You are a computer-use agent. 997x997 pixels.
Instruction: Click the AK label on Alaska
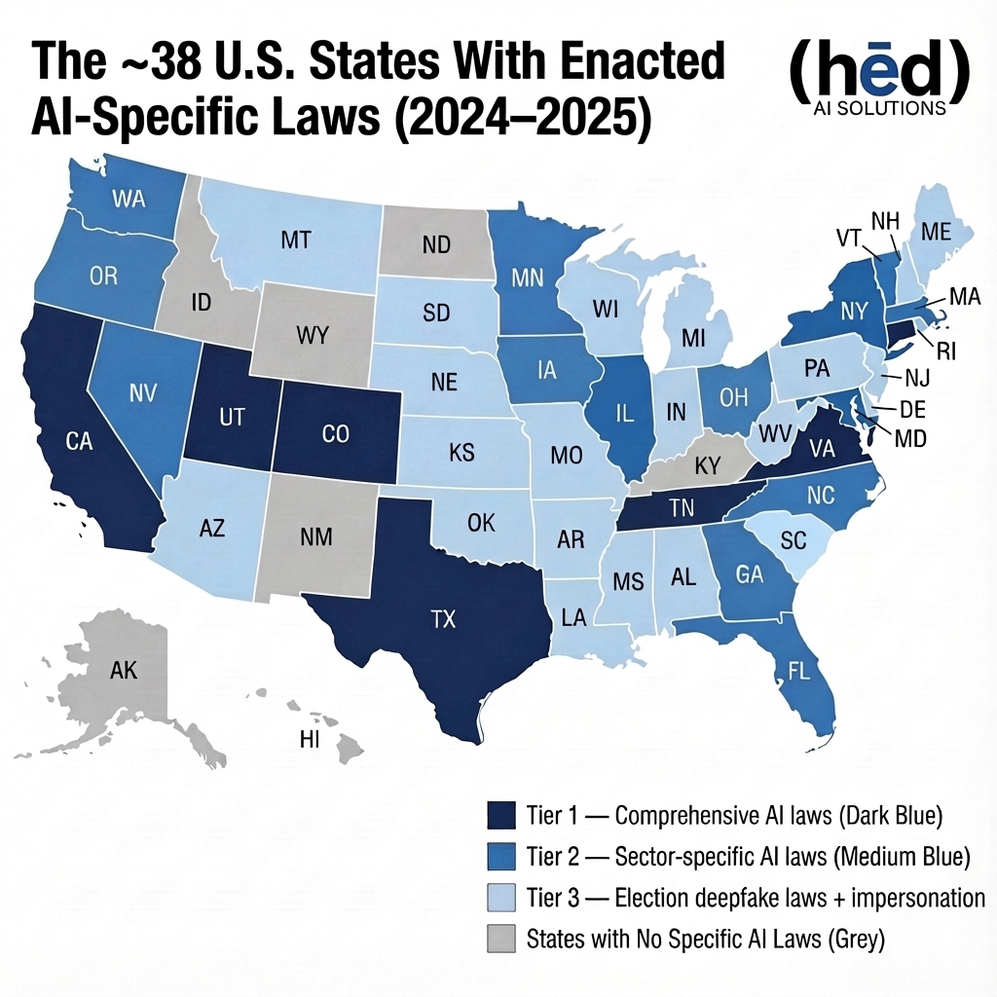[x=124, y=670]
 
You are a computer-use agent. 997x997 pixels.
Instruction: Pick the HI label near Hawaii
[x=310, y=741]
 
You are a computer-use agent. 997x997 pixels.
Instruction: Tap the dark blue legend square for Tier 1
[x=499, y=814]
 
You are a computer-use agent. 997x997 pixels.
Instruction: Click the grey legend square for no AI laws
[x=499, y=940]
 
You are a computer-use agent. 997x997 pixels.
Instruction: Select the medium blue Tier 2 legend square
[x=499, y=856]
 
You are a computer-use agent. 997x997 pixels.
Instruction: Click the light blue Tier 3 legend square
[x=499, y=898]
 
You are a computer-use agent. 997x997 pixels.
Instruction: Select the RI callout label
[x=943, y=351]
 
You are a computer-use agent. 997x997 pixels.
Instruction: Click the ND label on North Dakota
[x=438, y=245]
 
